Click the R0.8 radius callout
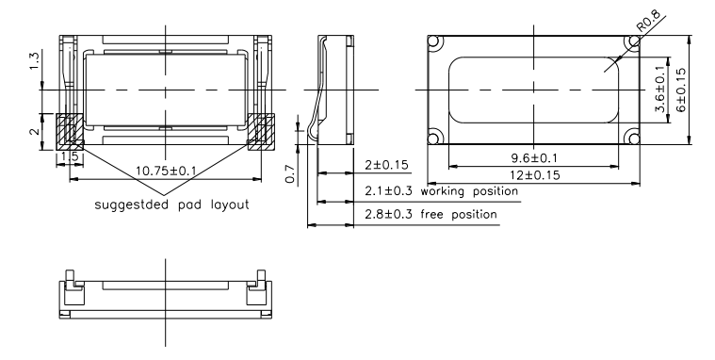coord(648,21)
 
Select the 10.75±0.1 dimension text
coord(166,172)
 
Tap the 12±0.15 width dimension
coord(535,175)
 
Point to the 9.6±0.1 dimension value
coord(533,158)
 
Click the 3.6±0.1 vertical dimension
coord(659,89)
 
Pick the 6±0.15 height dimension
coord(680,90)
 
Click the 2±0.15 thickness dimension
coord(386,165)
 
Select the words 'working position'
coord(469,191)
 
